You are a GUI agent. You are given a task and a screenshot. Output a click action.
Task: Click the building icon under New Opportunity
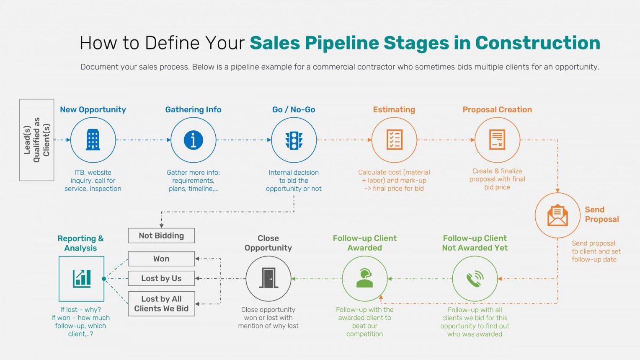click(93, 140)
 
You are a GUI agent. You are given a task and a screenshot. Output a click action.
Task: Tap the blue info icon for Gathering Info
click(193, 140)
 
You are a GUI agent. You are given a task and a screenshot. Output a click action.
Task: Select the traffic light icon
click(294, 140)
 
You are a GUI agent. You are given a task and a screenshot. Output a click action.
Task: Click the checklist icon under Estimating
click(394, 140)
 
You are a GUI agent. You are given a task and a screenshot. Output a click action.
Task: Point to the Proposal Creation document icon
click(497, 140)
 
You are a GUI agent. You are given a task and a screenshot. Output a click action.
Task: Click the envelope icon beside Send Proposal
click(557, 215)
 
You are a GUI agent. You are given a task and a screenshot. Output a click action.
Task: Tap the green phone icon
click(475, 279)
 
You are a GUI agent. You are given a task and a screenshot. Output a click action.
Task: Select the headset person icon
click(364, 279)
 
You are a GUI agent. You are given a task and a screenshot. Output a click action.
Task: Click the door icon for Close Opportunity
click(268, 279)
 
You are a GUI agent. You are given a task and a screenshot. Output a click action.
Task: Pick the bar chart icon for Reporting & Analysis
click(82, 279)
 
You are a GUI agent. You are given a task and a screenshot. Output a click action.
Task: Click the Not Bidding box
click(161, 236)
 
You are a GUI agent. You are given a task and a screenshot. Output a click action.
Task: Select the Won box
click(161, 259)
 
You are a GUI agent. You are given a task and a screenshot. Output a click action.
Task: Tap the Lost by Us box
click(161, 278)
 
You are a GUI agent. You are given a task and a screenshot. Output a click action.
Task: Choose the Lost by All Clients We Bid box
click(161, 304)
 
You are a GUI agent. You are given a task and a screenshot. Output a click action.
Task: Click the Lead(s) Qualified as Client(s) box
click(37, 140)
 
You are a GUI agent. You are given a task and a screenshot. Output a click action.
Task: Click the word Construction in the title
click(537, 43)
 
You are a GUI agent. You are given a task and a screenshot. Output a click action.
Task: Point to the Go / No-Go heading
click(294, 109)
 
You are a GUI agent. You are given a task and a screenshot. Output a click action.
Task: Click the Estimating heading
click(394, 109)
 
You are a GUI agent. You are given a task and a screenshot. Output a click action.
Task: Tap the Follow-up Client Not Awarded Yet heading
click(475, 243)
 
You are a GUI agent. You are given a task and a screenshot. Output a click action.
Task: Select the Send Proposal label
click(601, 214)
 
